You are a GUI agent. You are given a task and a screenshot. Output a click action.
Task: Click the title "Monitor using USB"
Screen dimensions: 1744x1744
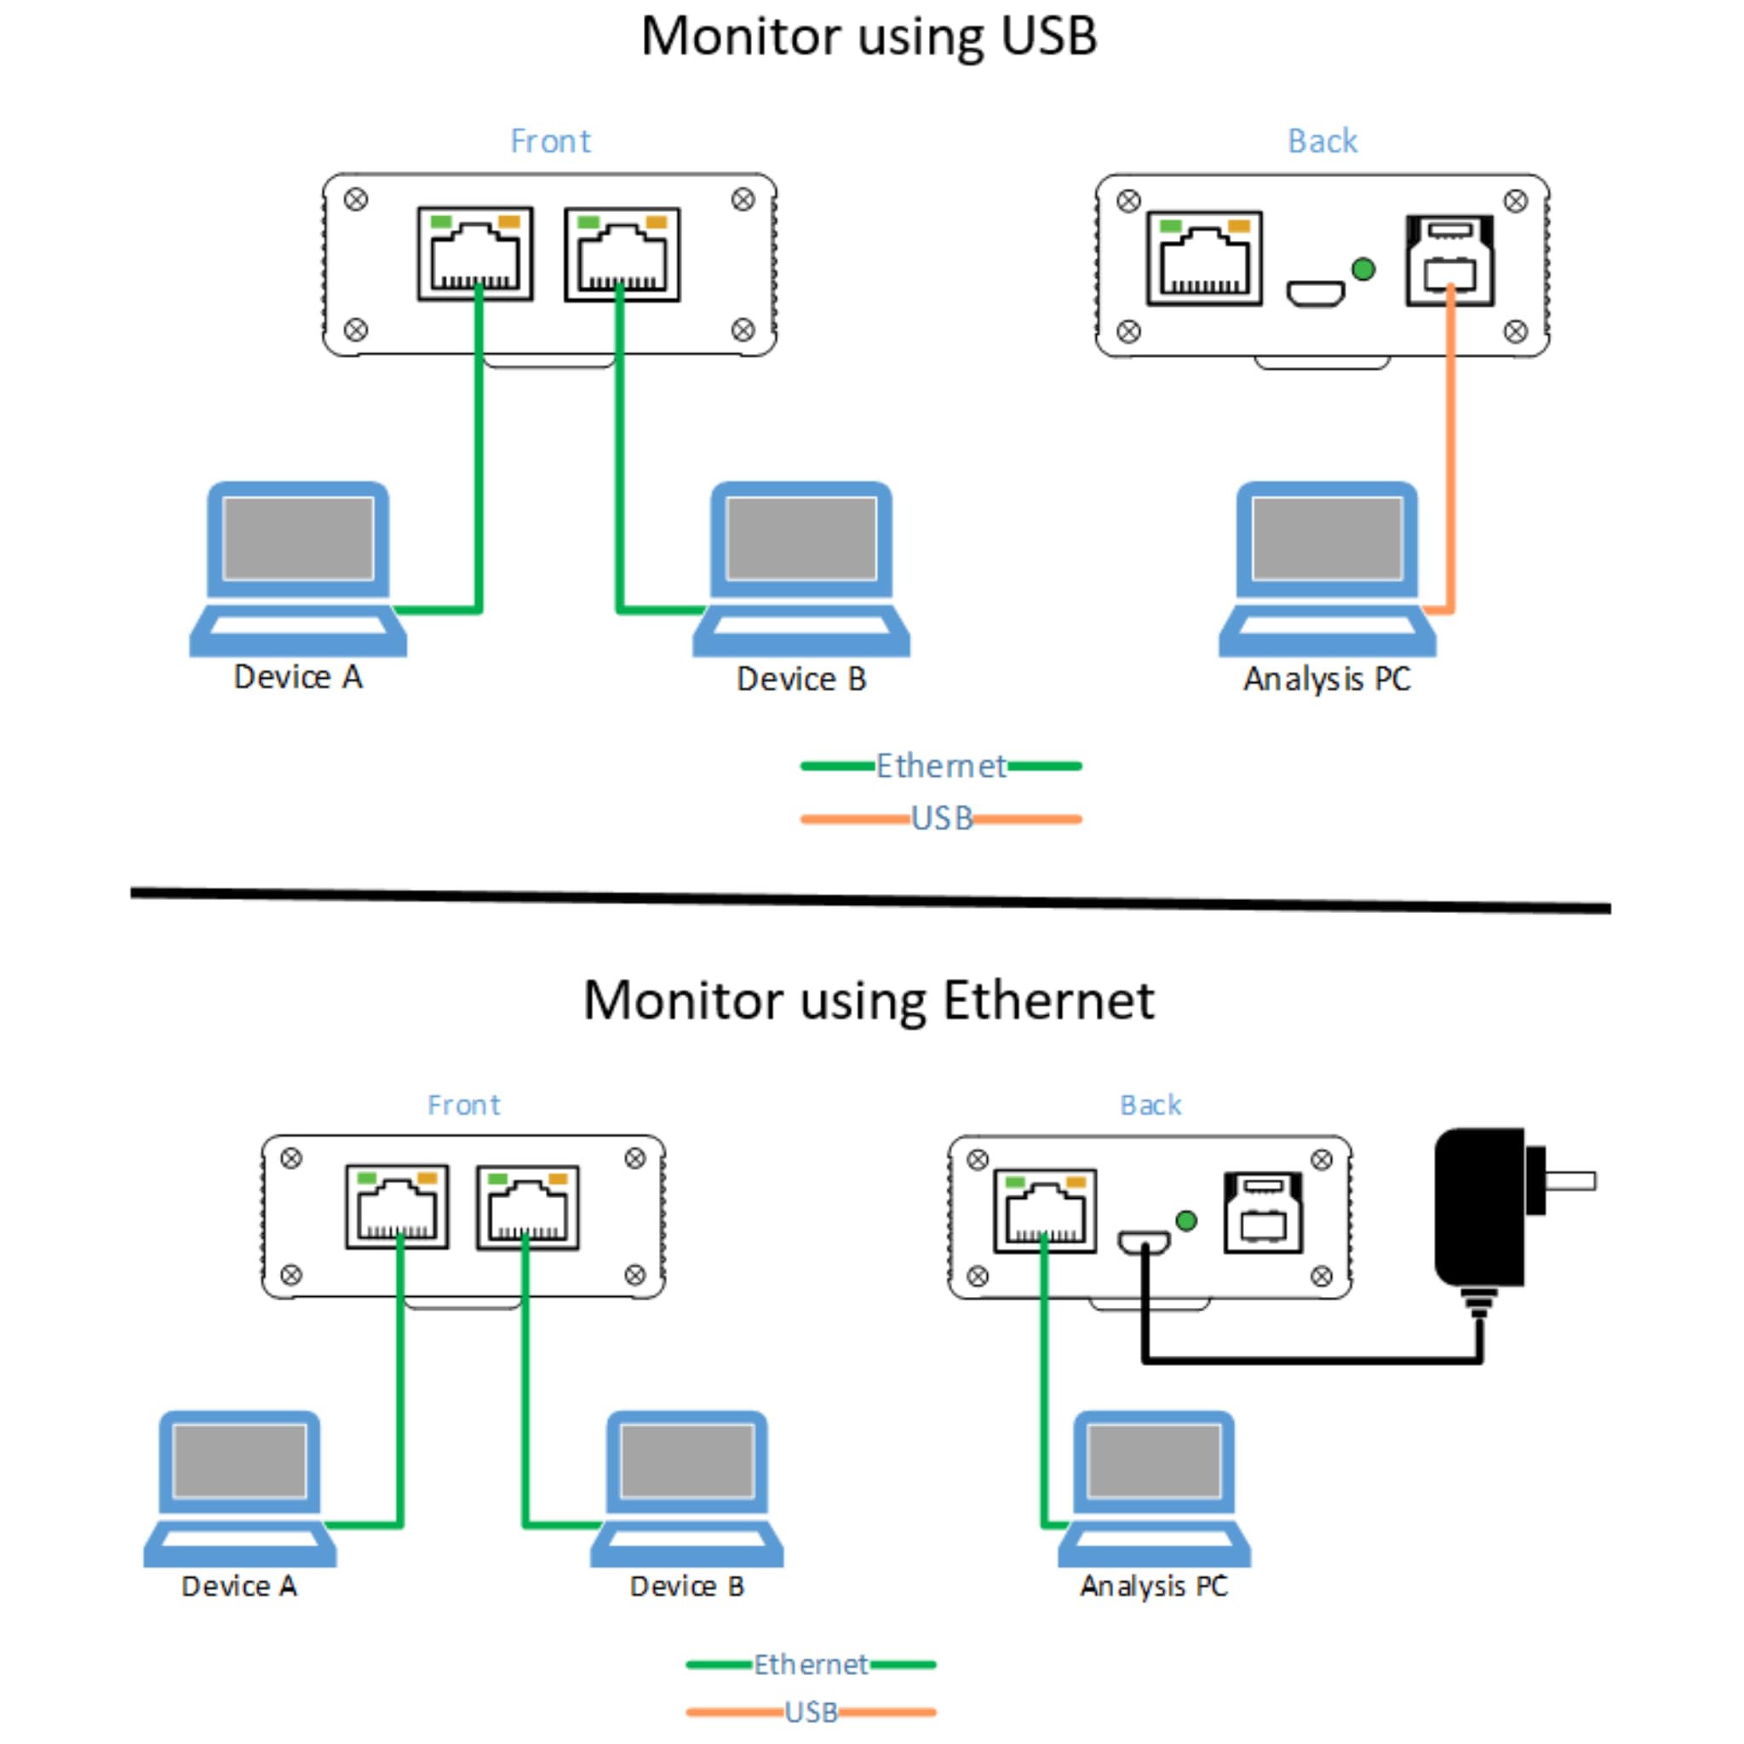pos(869,38)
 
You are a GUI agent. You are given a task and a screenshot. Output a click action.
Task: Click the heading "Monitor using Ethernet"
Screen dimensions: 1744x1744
pos(869,1001)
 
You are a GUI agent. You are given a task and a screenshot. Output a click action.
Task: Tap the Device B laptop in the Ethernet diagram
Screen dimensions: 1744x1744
pos(687,1489)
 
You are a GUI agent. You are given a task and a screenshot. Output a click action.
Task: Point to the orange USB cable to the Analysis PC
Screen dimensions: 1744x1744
pos(1450,451)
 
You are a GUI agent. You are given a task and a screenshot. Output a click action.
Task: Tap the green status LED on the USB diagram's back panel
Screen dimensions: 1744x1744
pos(1363,269)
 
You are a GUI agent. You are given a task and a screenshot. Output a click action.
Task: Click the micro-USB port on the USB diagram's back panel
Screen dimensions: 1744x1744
pos(1315,294)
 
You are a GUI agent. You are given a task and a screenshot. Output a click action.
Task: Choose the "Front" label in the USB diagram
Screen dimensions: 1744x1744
pos(550,141)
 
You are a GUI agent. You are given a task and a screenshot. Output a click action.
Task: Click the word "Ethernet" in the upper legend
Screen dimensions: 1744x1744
pos(941,766)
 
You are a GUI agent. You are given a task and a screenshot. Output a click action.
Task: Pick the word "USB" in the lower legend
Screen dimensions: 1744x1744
pos(811,1712)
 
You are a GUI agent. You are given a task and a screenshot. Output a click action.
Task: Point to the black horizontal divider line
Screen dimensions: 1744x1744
pos(870,900)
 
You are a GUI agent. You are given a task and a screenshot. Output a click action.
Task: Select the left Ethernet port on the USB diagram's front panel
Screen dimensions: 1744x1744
pos(475,254)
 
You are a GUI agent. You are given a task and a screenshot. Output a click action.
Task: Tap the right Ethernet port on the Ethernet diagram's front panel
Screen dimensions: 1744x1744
pos(528,1208)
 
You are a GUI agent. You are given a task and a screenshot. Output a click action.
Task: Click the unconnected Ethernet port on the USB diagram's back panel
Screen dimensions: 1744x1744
pos(1204,259)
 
